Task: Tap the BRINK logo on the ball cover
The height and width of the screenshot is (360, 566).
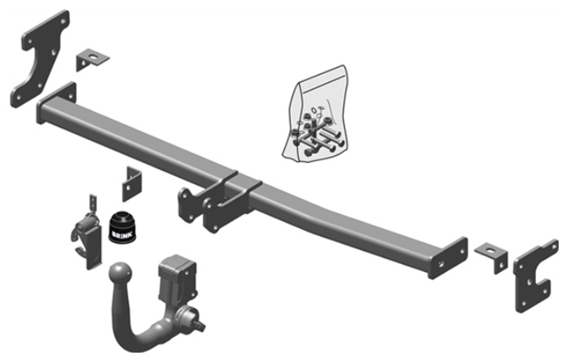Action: (122, 235)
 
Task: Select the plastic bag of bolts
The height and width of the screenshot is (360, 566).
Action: (315, 115)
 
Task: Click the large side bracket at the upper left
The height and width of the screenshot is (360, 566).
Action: (41, 59)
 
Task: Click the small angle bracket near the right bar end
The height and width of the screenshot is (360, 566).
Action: (492, 256)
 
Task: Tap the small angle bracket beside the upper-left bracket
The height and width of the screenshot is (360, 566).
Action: (92, 59)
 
